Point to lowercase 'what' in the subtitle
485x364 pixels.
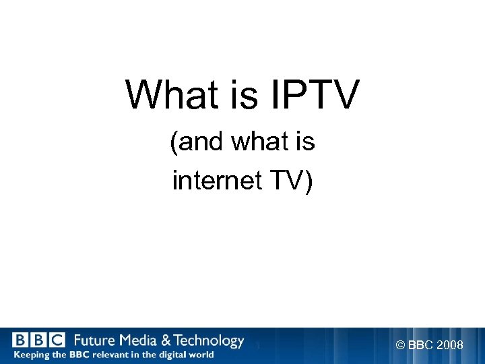tap(257, 143)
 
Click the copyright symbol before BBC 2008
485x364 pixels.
tap(401, 346)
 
